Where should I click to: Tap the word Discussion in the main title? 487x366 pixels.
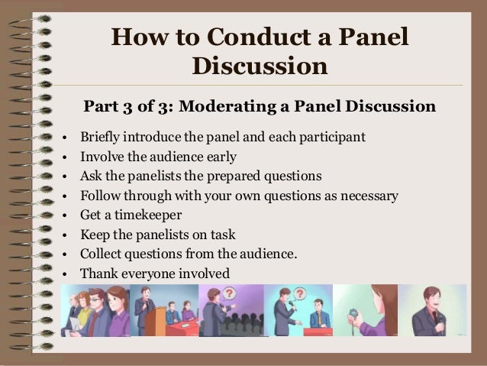[260, 66]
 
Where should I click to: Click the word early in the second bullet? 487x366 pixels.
[220, 157]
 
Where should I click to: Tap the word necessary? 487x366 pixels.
[369, 196]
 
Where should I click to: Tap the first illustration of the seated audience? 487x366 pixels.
[95, 310]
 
